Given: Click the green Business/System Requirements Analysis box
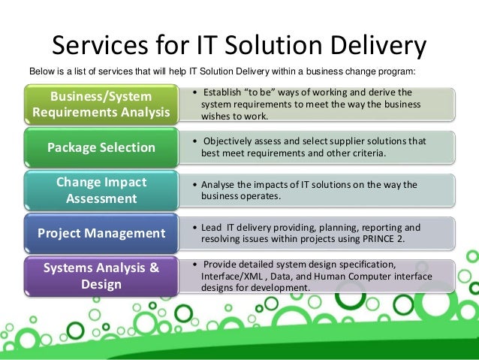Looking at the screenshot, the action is click(x=101, y=105).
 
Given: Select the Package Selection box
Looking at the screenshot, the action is click(x=101, y=147).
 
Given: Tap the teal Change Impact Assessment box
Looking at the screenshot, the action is click(x=101, y=190).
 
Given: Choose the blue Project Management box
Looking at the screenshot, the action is click(x=101, y=233).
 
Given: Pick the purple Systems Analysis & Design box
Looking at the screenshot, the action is click(x=101, y=277).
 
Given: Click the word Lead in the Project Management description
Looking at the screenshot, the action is click(x=212, y=227).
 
